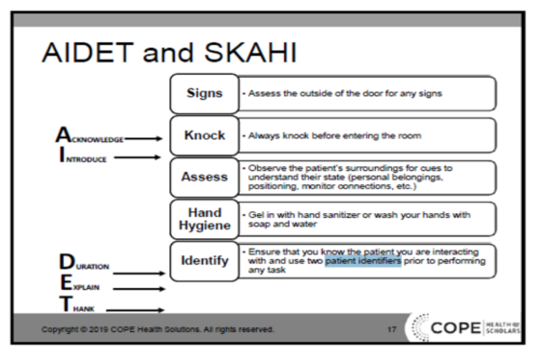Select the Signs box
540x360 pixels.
click(205, 94)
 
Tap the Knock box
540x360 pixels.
click(205, 136)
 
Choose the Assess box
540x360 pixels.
click(205, 178)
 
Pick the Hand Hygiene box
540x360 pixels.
click(205, 219)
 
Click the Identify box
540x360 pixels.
click(205, 261)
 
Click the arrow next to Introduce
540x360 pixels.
click(138, 158)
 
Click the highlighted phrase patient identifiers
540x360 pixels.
click(363, 262)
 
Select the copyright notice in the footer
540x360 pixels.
click(158, 329)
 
